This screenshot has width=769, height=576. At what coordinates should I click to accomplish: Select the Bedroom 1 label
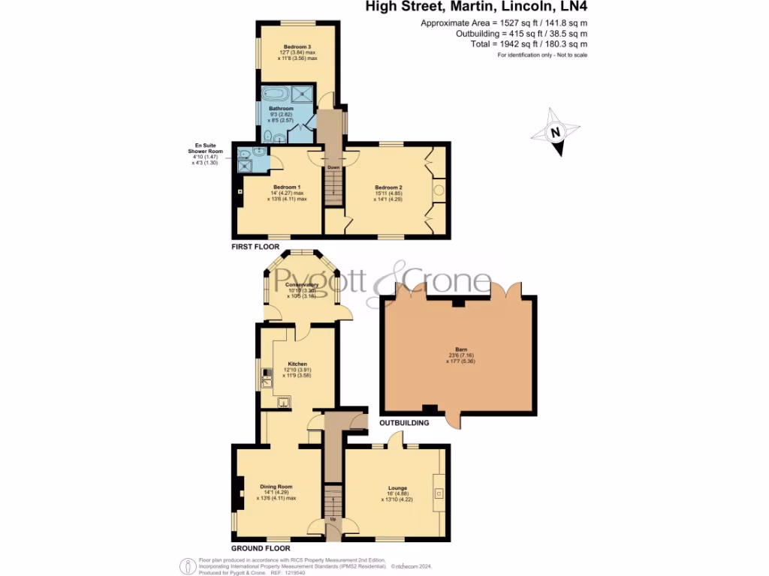287,187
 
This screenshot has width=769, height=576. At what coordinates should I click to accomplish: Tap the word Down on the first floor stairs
333,166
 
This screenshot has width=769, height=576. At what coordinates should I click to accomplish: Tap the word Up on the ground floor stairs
333,518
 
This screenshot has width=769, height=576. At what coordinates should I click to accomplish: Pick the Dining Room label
276,485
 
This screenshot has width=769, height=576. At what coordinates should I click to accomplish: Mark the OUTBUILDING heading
405,423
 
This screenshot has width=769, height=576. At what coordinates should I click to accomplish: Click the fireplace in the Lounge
438,493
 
